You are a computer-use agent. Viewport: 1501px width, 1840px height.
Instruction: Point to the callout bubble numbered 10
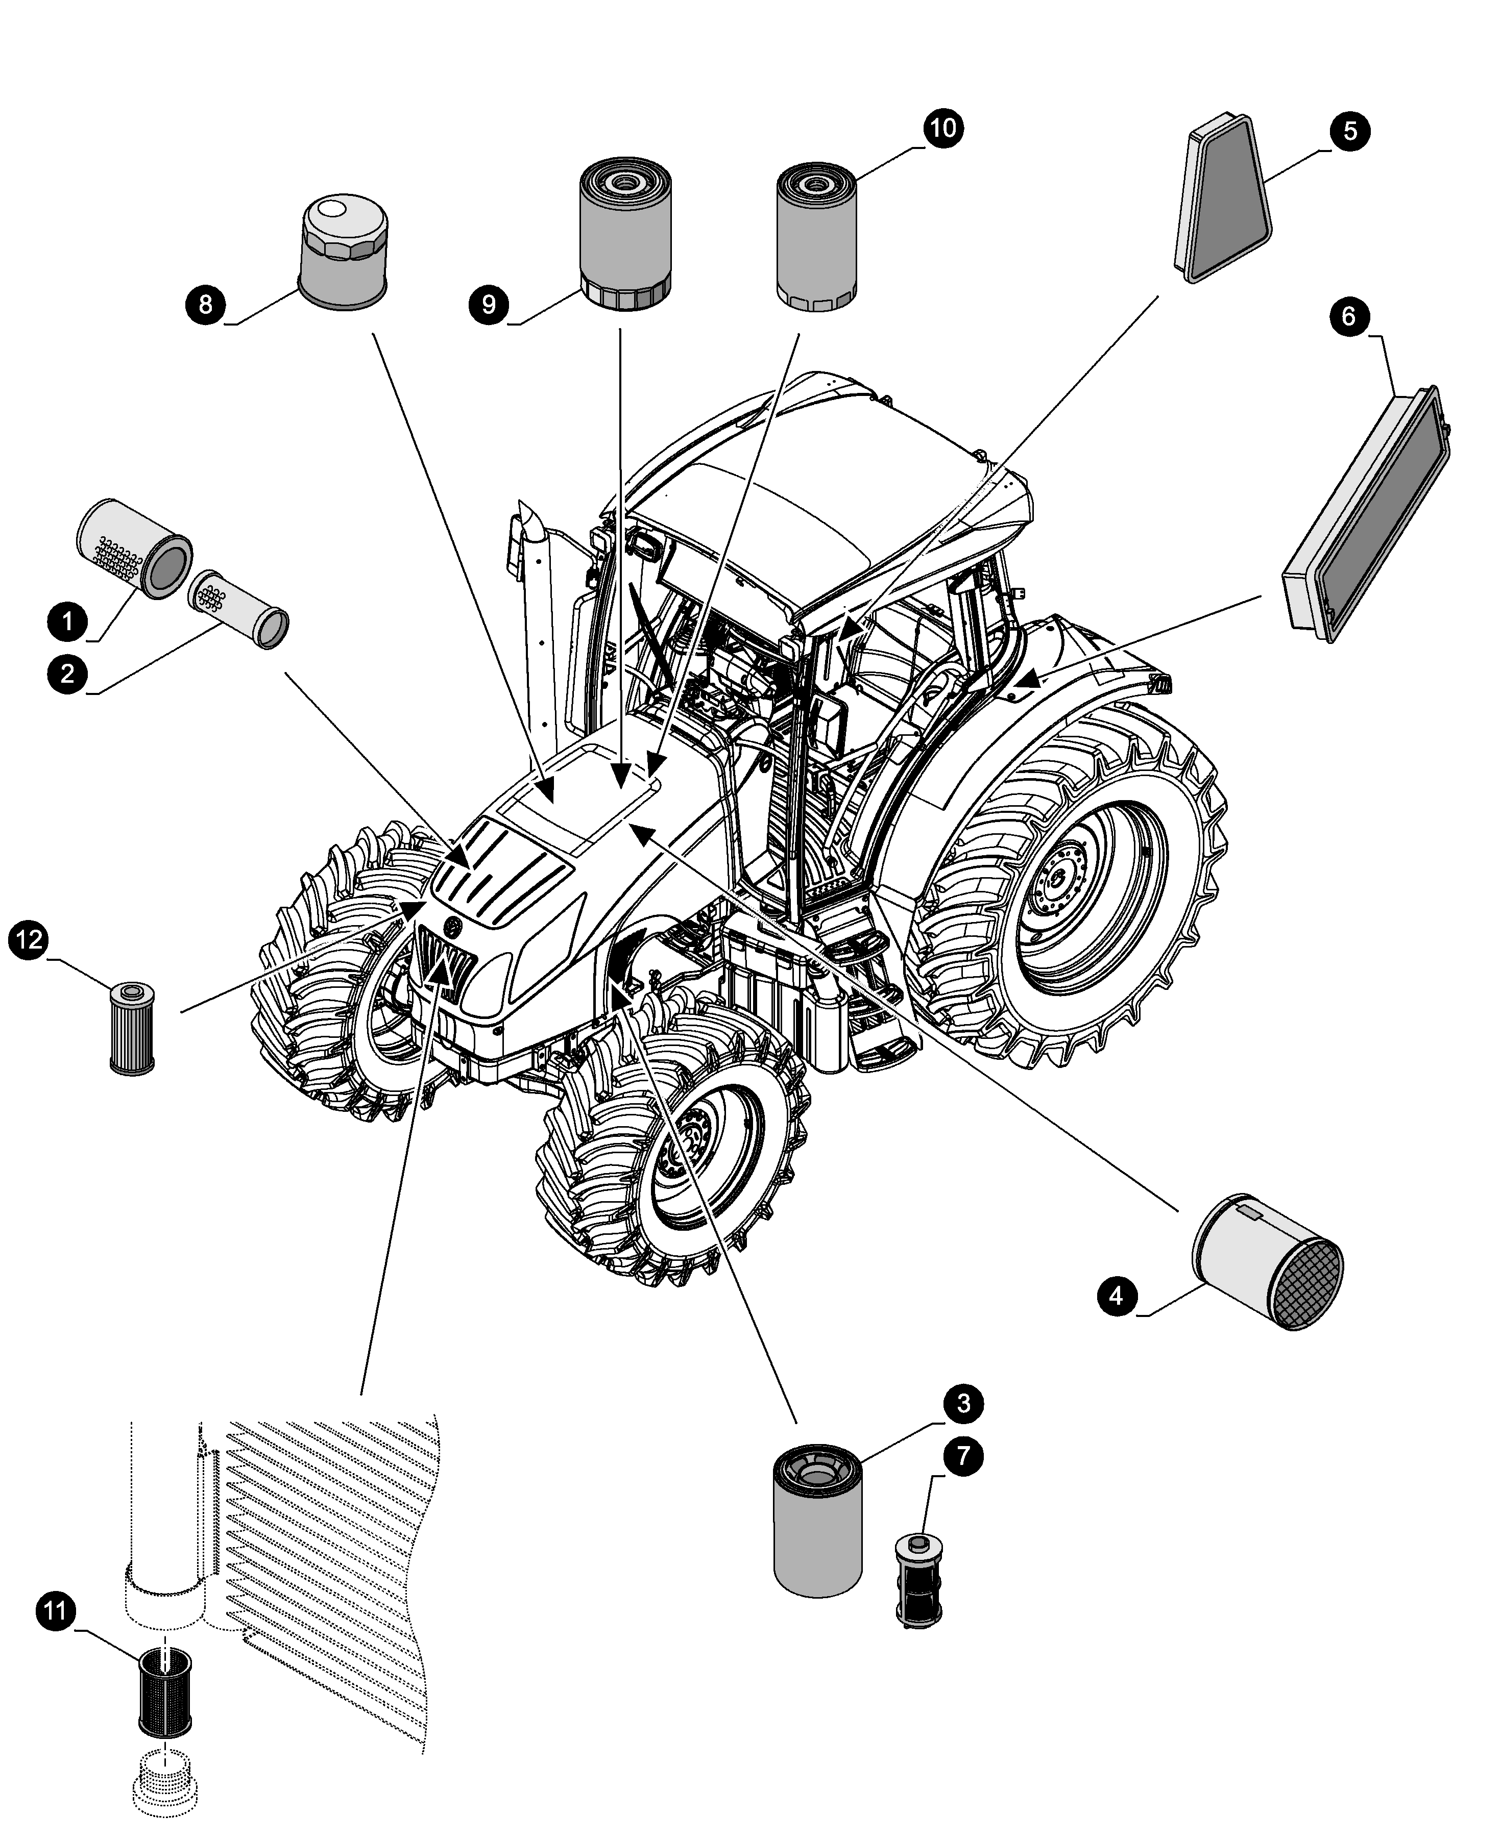point(943,128)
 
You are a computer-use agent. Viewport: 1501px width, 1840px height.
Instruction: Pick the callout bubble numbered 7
point(963,1456)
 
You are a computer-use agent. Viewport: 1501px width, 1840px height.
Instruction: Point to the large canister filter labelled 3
point(817,1520)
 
